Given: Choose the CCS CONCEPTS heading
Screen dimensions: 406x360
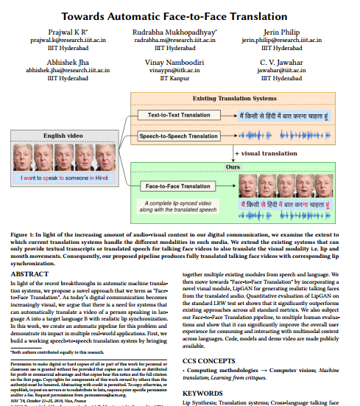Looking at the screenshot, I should [x=211, y=360].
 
